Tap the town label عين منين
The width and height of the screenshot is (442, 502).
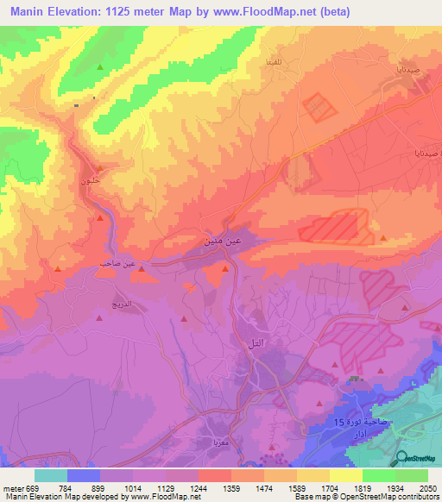pyautogui.click(x=221, y=244)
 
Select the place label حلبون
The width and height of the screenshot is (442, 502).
pyautogui.click(x=90, y=182)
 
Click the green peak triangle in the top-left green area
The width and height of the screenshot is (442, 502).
pyautogui.click(x=100, y=67)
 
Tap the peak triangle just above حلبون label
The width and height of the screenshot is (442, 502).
pyautogui.click(x=101, y=168)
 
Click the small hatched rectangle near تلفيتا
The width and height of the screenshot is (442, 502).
pyautogui.click(x=317, y=108)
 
